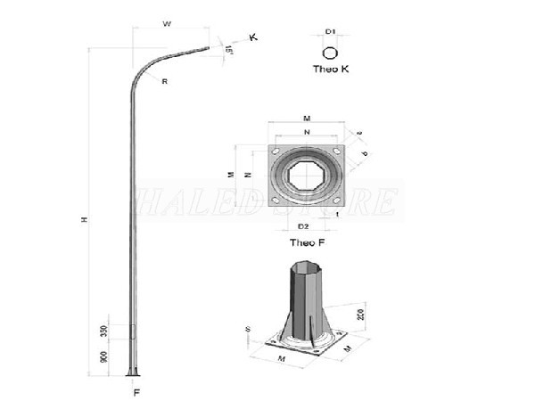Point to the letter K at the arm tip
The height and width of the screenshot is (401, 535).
253,37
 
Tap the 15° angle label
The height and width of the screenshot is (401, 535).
230,51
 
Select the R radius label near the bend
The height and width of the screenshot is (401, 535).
165,81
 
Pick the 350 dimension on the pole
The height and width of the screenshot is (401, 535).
104,331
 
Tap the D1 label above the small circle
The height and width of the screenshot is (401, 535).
330,32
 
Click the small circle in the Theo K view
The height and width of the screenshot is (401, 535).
331,52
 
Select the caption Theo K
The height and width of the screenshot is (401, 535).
331,69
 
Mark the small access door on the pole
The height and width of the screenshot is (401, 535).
135,331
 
